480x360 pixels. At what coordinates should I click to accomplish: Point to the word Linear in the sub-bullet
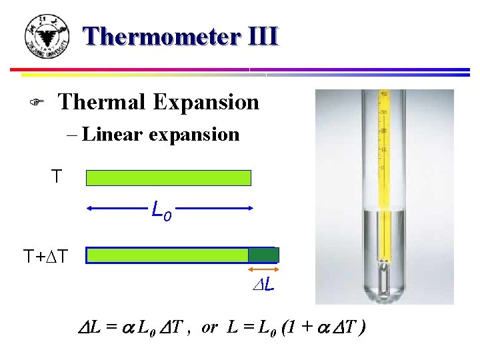tap(113, 134)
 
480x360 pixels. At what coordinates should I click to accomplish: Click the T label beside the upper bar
tap(57, 177)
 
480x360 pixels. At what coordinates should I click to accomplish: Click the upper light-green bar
tap(169, 177)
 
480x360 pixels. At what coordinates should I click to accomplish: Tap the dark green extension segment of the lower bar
tap(263, 255)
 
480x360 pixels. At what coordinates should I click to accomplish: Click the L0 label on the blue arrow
tap(161, 212)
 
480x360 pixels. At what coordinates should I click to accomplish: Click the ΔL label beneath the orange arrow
tap(264, 286)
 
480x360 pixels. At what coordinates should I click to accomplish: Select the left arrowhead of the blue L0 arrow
tap(91, 209)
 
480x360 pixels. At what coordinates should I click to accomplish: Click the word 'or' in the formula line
tap(209, 328)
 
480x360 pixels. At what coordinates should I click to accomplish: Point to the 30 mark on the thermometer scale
tap(384, 112)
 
